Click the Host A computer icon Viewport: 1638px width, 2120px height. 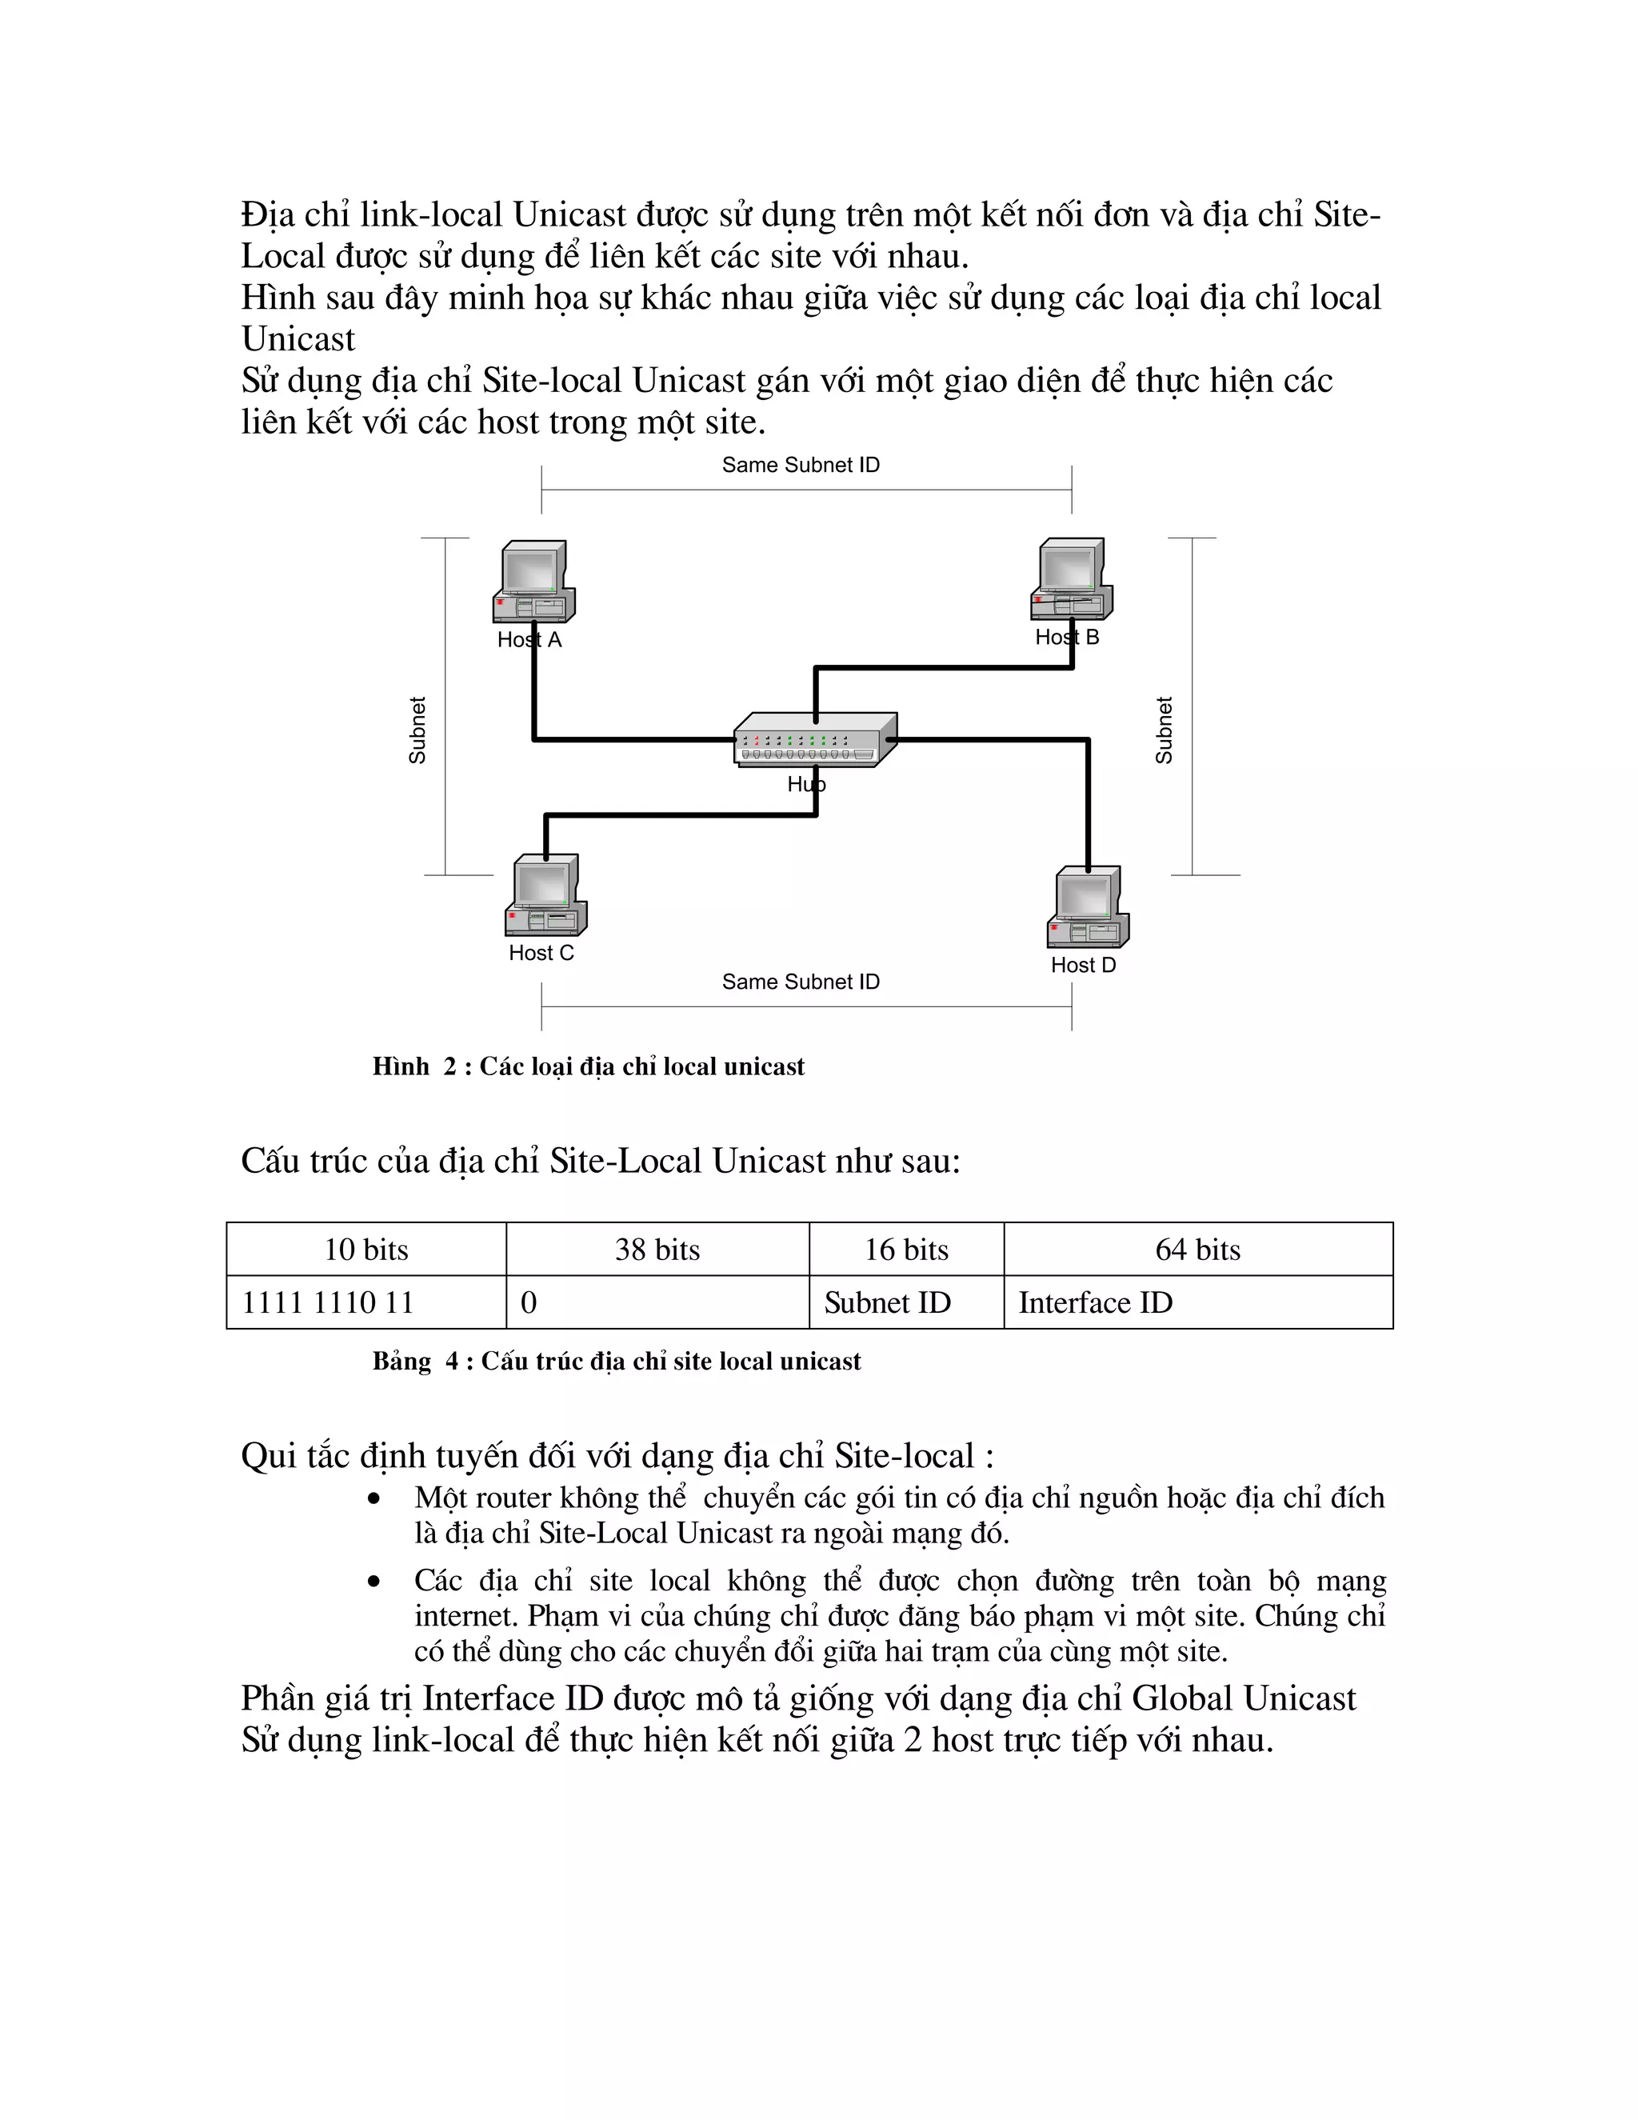click(533, 582)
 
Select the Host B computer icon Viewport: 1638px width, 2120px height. click(1070, 578)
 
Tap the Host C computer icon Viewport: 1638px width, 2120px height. click(545, 895)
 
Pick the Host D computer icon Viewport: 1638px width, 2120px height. click(1087, 906)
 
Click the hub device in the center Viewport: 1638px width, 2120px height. click(814, 741)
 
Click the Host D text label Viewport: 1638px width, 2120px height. click(1083, 965)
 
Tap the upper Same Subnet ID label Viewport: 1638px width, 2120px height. click(801, 465)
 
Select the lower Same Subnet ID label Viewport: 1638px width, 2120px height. click(801, 982)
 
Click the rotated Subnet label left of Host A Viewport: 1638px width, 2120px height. click(417, 730)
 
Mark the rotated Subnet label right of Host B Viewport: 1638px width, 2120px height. click(1164, 730)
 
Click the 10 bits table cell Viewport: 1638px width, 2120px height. click(366, 1250)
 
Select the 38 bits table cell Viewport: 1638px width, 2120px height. click(657, 1250)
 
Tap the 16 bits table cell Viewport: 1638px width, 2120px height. click(906, 1250)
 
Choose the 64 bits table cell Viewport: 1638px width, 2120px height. click(1197, 1250)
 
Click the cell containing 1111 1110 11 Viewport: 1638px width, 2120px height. click(366, 1302)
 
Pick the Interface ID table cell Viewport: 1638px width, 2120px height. click(1197, 1302)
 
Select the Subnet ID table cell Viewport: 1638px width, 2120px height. click(906, 1302)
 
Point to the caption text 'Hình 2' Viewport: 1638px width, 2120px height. click(414, 1066)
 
